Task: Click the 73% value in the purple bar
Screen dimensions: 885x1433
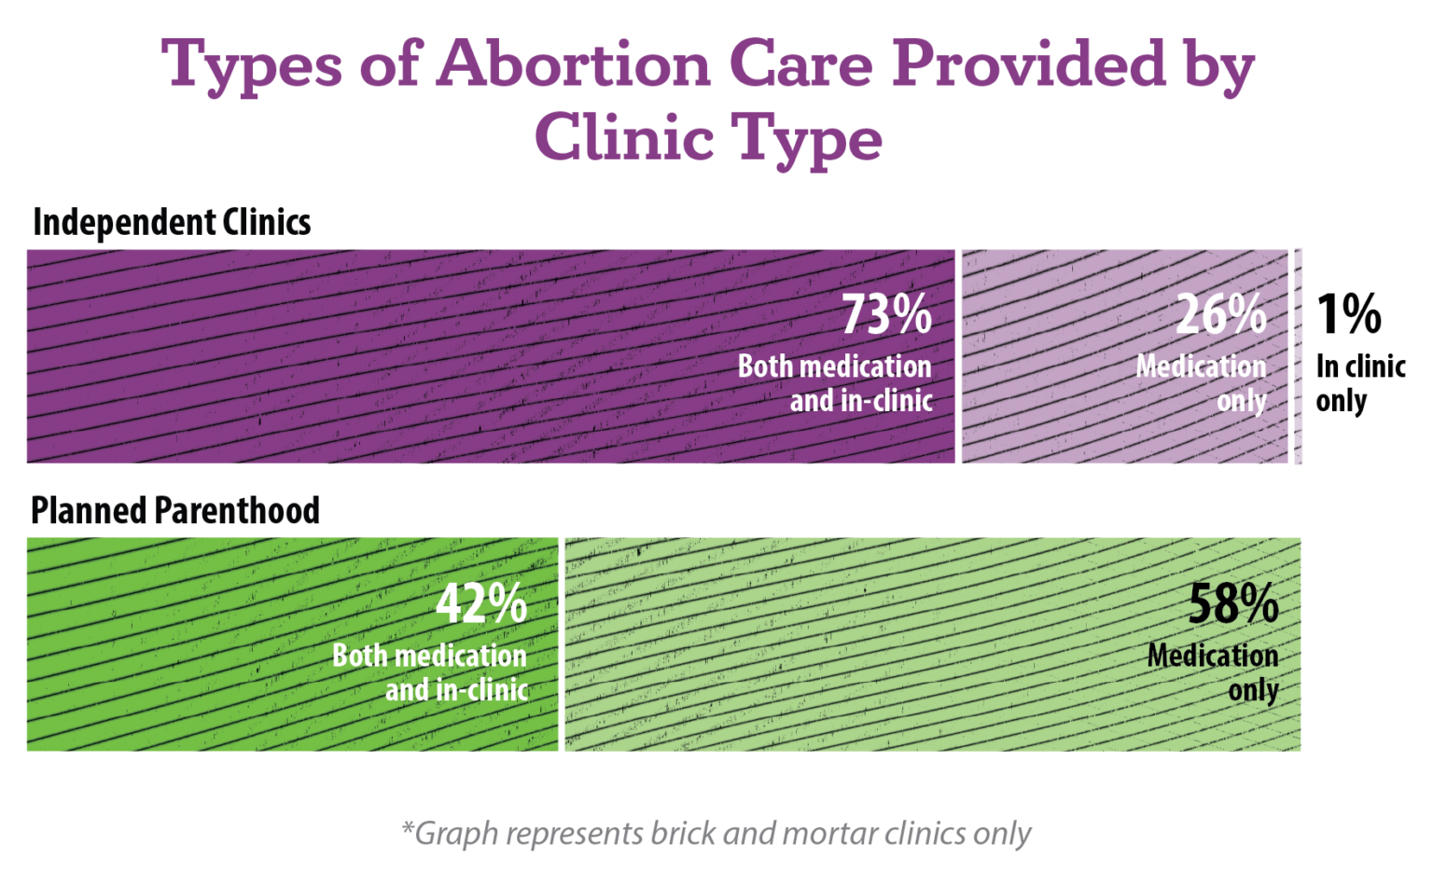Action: tap(886, 315)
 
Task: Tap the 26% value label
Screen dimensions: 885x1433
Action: tap(1220, 315)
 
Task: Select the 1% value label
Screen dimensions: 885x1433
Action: tap(1348, 315)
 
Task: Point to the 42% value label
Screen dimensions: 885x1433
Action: tap(480, 604)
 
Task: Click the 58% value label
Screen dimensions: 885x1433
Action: tap(1232, 604)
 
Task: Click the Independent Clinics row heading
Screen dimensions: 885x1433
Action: tap(172, 223)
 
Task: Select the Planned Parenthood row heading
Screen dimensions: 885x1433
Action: tap(175, 511)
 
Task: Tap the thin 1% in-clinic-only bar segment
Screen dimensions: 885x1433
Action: tap(1298, 356)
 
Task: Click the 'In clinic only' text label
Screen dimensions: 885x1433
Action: tap(1359, 383)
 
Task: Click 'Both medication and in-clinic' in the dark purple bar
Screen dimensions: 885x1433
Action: tap(836, 383)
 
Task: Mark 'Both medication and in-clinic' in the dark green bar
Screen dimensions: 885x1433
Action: tap(431, 672)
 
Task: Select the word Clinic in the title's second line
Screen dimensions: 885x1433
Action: tap(623, 138)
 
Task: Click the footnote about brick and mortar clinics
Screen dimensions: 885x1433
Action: tap(716, 833)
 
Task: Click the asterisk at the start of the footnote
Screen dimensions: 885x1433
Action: tap(407, 827)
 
